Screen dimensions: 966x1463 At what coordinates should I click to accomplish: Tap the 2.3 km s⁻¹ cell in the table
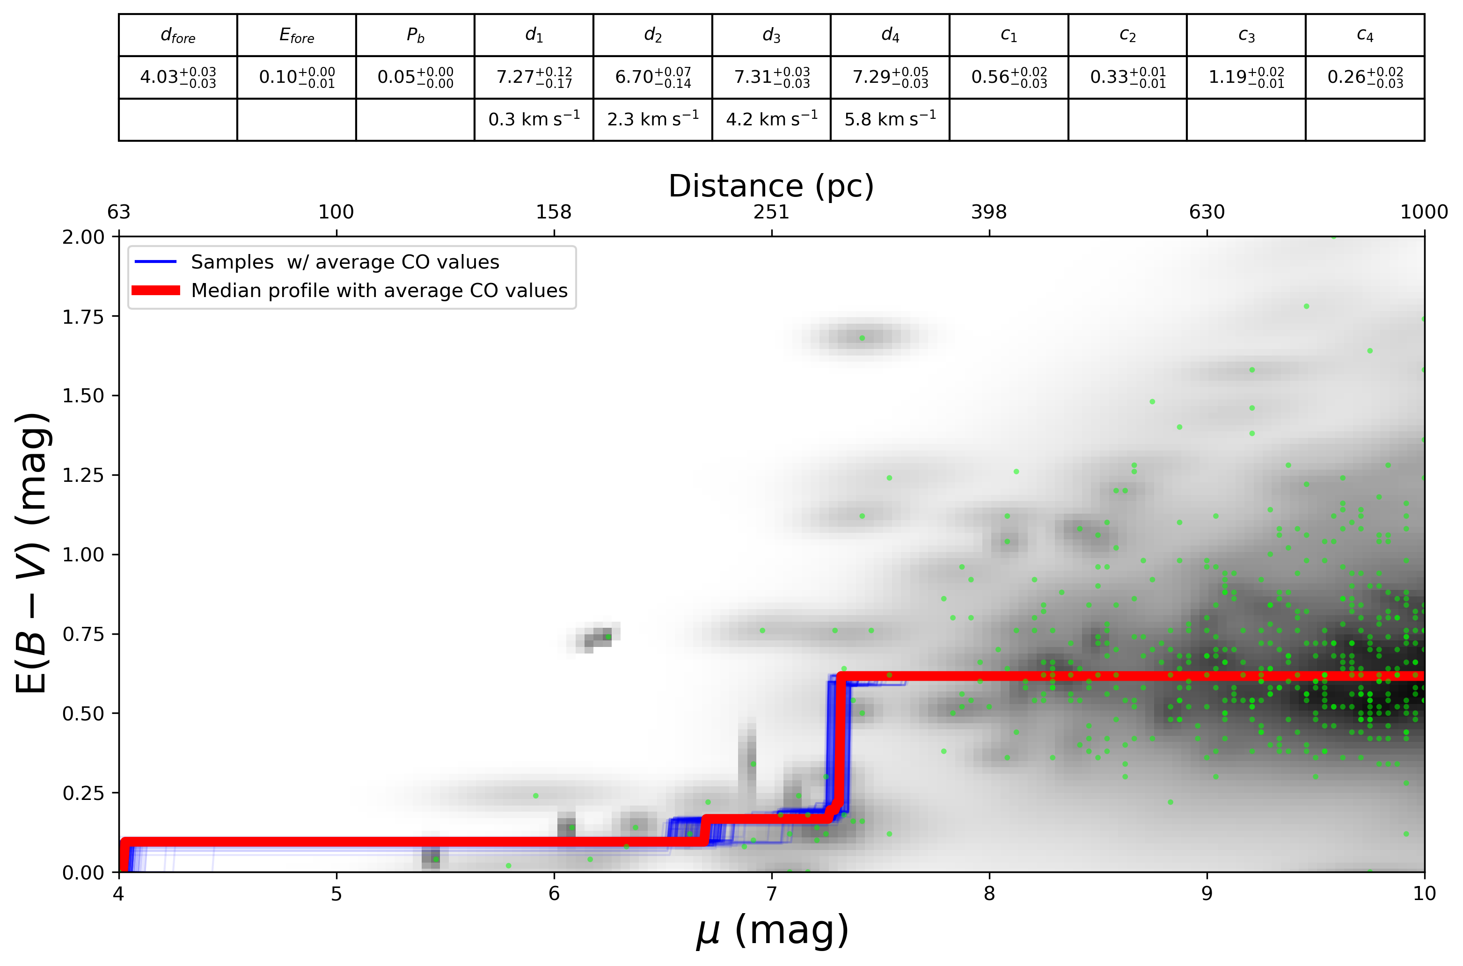[x=652, y=118]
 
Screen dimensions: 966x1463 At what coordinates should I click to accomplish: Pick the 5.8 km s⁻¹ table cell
[x=890, y=118]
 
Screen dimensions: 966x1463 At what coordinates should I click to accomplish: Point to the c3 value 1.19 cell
[x=1246, y=77]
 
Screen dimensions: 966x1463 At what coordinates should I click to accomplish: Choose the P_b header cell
[x=415, y=35]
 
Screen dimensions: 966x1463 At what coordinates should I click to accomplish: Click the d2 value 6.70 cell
[x=652, y=77]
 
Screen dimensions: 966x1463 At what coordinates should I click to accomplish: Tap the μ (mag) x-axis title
[x=772, y=931]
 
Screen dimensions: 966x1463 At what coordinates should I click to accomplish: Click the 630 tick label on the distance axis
[x=1207, y=212]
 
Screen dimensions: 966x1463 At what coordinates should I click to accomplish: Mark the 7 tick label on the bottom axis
[x=772, y=893]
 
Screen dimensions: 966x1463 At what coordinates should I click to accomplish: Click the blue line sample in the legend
[x=155, y=262]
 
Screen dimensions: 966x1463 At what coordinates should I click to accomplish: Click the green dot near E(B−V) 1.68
[x=862, y=338]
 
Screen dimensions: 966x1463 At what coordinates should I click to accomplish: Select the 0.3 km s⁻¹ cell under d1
[x=534, y=118]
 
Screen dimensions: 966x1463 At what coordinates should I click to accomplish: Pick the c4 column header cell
[x=1365, y=35]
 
